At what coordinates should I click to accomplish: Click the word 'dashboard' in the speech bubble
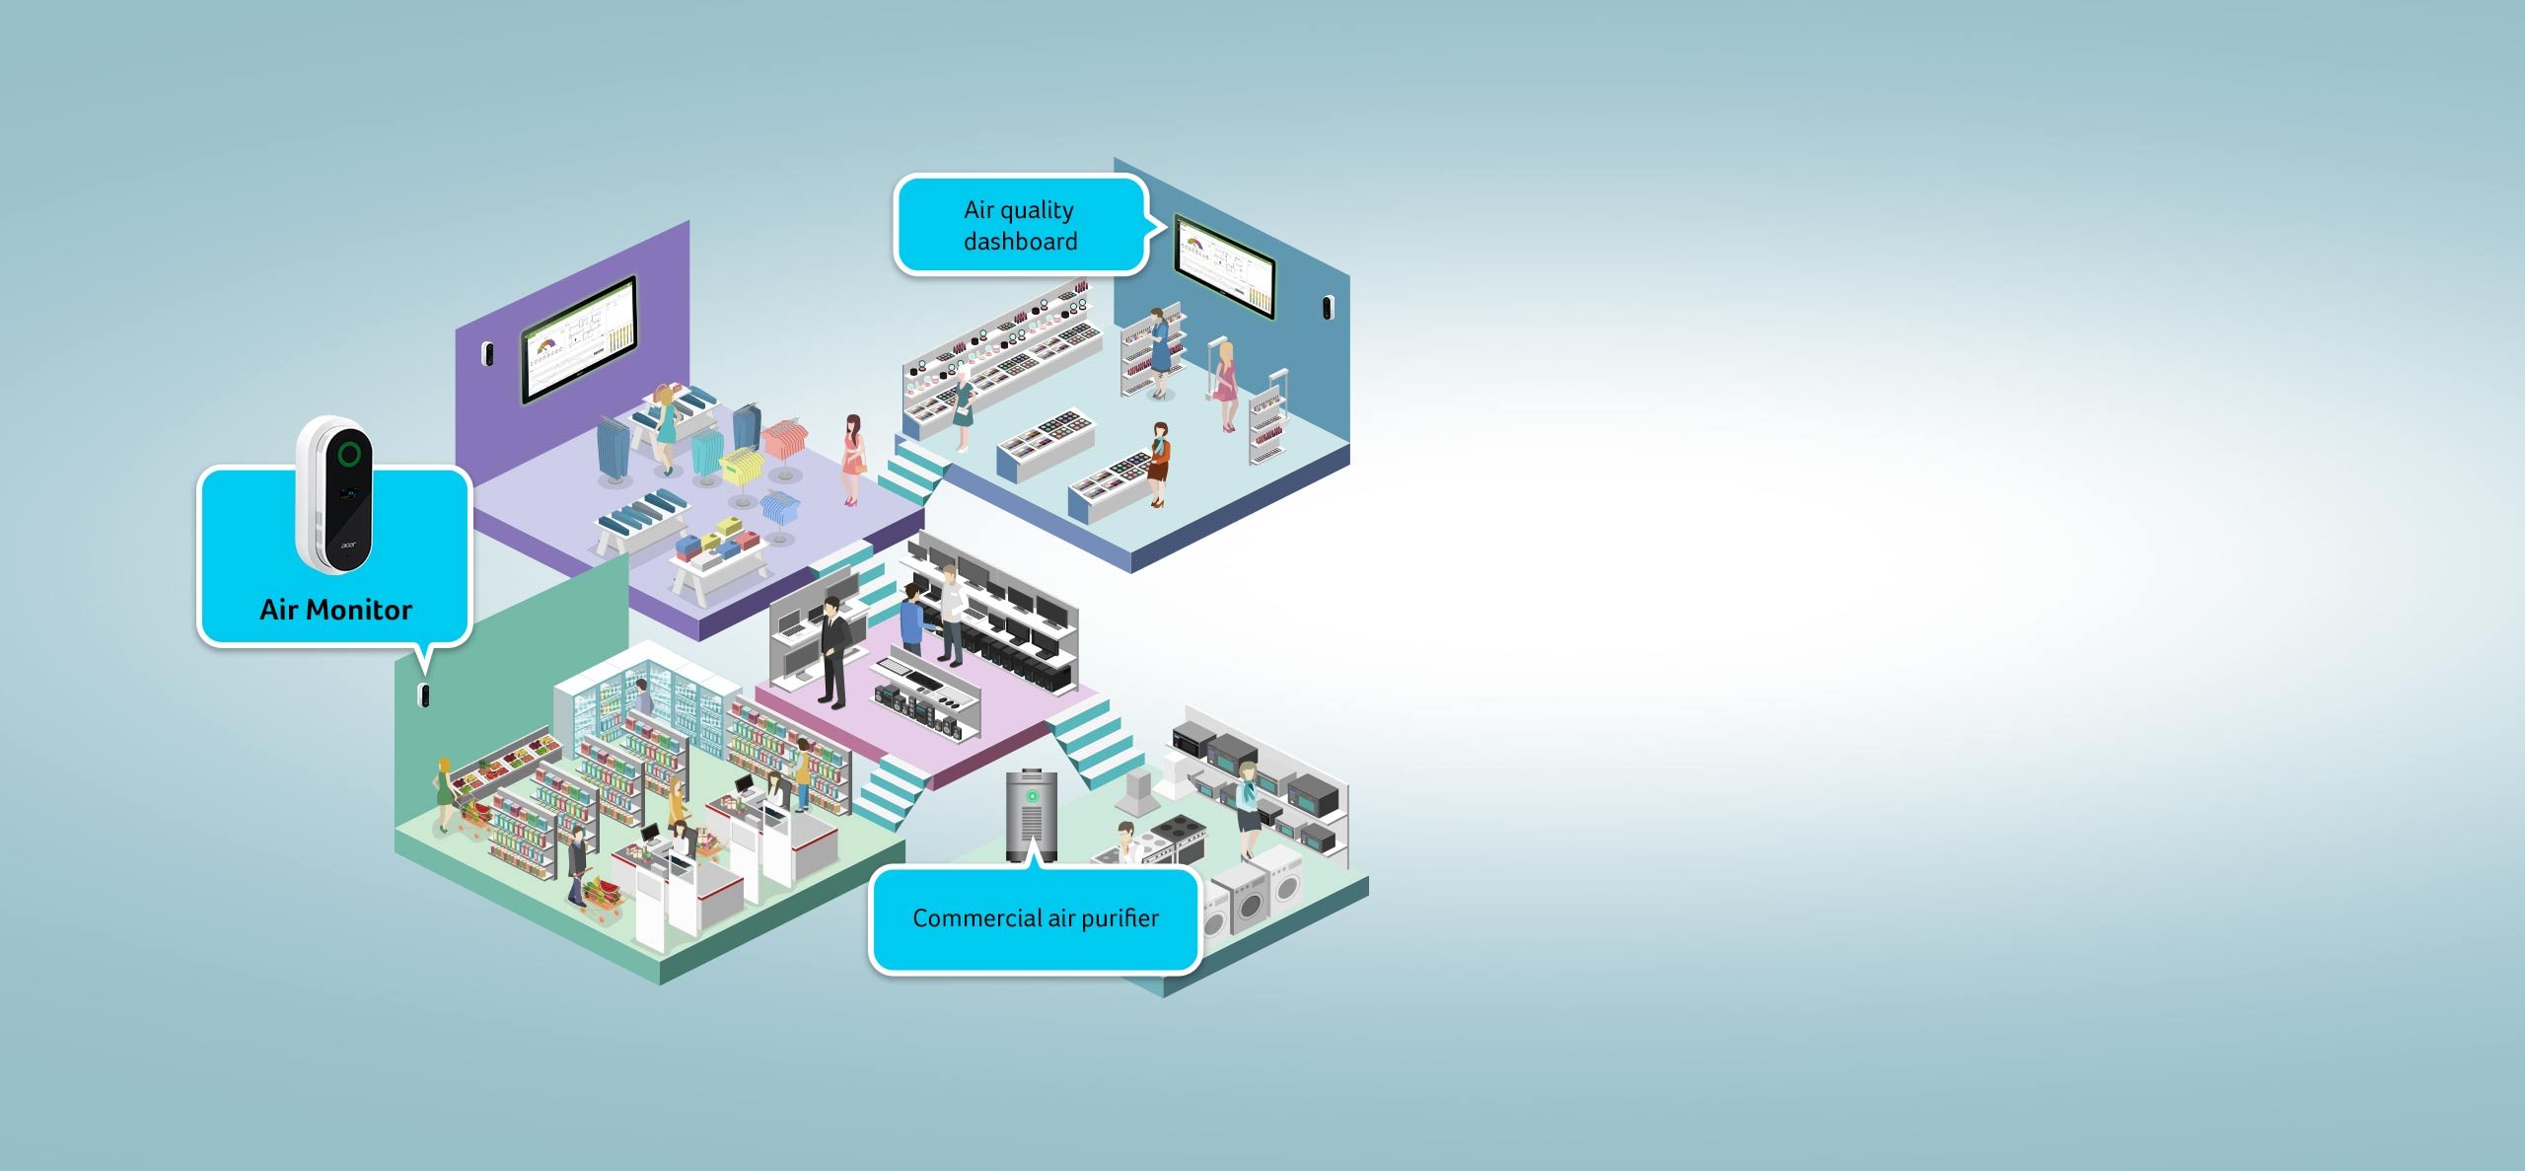pyautogui.click(x=1020, y=242)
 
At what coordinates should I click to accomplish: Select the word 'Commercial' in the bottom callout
pyautogui.click(x=976, y=918)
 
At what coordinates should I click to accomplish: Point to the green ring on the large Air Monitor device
pyautogui.click(x=348, y=454)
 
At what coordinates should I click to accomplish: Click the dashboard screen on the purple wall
pyautogui.click(x=579, y=338)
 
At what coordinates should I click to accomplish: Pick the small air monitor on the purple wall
pyautogui.click(x=486, y=353)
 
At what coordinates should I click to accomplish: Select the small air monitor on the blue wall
pyautogui.click(x=1328, y=308)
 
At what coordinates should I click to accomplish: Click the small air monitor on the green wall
pyautogui.click(x=425, y=695)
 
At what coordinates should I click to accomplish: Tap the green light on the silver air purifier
pyautogui.click(x=1032, y=796)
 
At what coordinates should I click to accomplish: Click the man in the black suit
pyautogui.click(x=834, y=651)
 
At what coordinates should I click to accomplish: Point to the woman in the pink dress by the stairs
pyautogui.click(x=852, y=459)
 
